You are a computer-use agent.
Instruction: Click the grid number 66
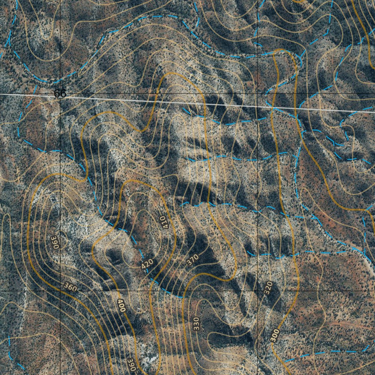click(x=60, y=93)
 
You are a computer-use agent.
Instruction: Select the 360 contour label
click(x=70, y=287)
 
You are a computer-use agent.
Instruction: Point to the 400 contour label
click(x=121, y=305)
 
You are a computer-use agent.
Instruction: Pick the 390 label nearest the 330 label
click(x=131, y=364)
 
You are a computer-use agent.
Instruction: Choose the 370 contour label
click(x=192, y=260)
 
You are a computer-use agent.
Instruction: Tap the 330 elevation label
click(x=196, y=324)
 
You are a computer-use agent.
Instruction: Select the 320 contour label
click(x=268, y=287)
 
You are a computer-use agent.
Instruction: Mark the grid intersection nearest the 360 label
click(x=60, y=291)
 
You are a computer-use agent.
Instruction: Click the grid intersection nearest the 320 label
click(x=258, y=291)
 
